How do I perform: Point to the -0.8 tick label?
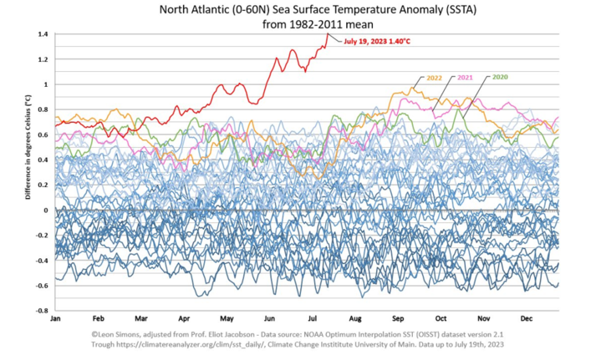click(x=40, y=311)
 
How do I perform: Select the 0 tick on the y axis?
click(x=45, y=210)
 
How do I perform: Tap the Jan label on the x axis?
click(x=56, y=320)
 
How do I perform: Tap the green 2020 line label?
click(x=501, y=77)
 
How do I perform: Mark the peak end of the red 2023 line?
click(x=327, y=33)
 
